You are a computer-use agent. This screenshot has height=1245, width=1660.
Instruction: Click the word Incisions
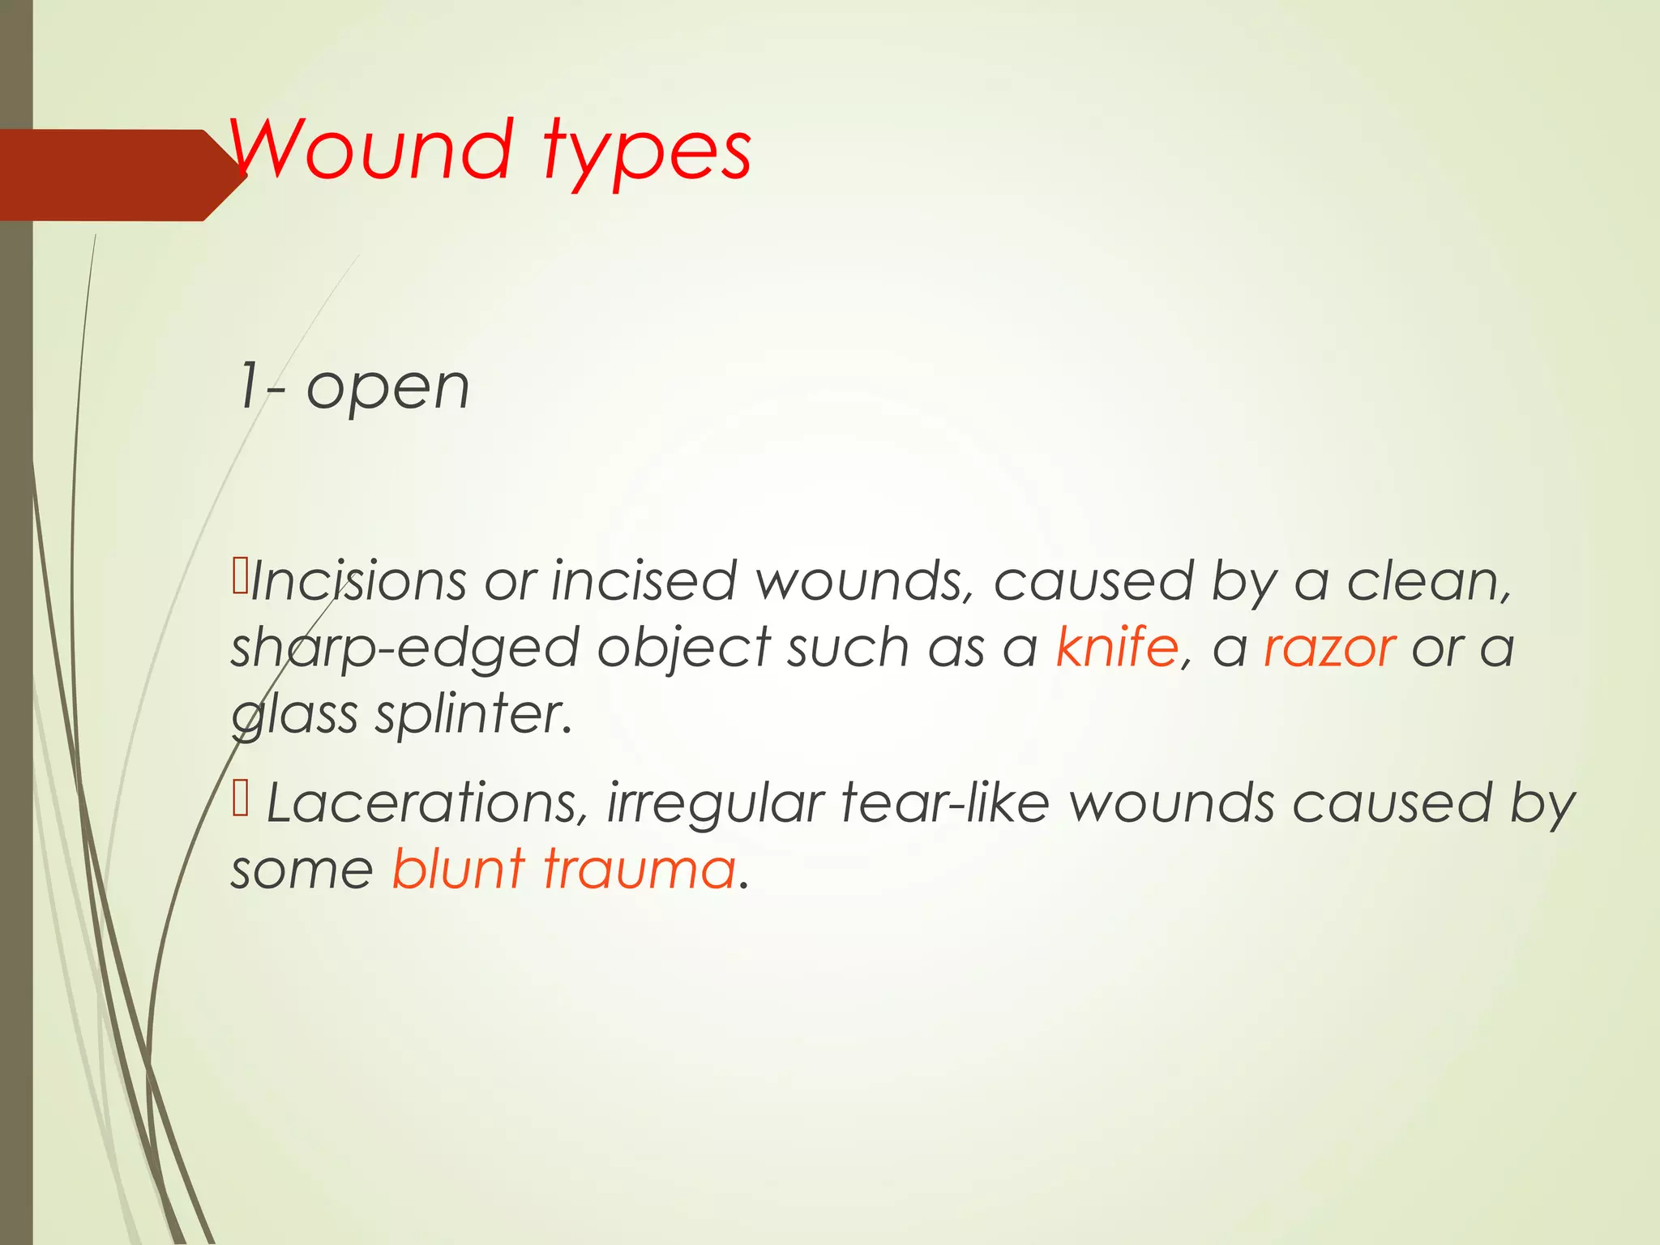(x=358, y=581)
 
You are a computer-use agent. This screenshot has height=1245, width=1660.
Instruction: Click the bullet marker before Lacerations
(x=241, y=798)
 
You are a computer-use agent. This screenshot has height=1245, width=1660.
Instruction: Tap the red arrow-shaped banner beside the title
(x=113, y=175)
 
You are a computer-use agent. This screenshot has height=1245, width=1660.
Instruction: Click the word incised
(x=644, y=581)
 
